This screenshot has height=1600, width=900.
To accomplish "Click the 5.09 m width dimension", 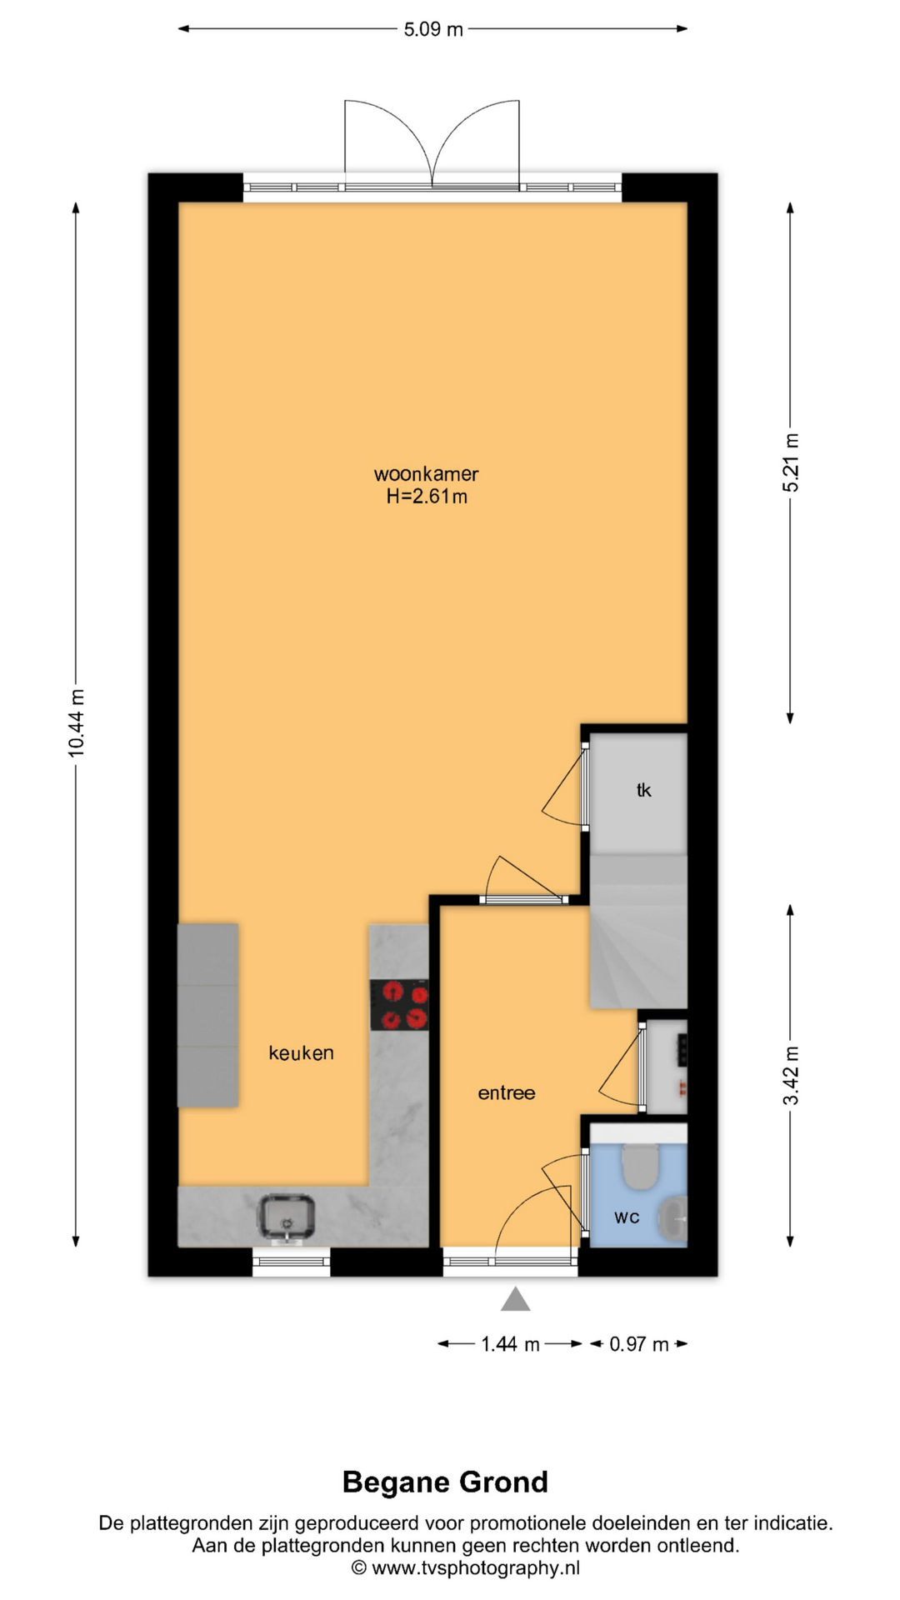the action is [433, 29].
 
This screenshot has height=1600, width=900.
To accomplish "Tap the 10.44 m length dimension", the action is [76, 723].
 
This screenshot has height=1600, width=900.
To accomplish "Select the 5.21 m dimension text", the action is [790, 462].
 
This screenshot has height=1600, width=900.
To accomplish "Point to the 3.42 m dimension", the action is [790, 1075].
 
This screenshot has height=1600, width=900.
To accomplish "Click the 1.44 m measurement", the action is [510, 1344].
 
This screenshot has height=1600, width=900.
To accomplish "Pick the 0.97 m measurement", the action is [639, 1344].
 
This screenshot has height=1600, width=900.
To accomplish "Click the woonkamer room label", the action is [426, 474].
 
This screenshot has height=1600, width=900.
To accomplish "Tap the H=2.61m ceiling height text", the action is [426, 497].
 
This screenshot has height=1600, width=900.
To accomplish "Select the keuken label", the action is [301, 1052].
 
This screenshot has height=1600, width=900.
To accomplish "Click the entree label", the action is [507, 1092].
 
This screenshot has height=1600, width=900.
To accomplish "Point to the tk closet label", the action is [643, 790].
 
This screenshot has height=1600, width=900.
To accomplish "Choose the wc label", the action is [627, 1217].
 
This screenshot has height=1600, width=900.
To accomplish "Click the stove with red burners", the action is [399, 1005].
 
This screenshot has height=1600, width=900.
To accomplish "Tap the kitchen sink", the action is [287, 1217].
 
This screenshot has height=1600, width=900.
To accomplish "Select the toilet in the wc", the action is [640, 1164].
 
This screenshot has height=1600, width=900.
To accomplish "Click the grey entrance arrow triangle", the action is [515, 1299].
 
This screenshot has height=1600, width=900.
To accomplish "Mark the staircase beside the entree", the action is [638, 931].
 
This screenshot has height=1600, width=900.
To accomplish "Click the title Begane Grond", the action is [445, 1482].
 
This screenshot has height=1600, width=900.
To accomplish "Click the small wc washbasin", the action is [672, 1217].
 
